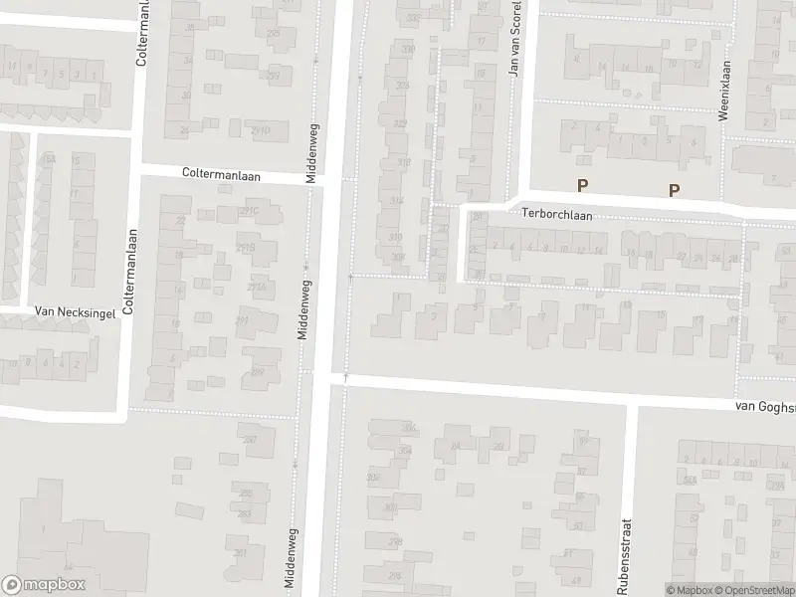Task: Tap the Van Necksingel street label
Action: tap(76, 310)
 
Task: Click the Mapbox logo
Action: tap(41, 584)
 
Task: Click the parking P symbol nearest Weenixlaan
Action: tap(674, 191)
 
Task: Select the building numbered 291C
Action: tap(249, 210)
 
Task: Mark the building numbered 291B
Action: tap(245, 248)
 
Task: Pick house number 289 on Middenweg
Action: tap(258, 372)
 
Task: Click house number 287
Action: tap(250, 439)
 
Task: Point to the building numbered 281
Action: tap(240, 553)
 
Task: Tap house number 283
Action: tap(245, 513)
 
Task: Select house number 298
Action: tap(395, 541)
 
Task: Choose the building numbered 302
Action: tap(373, 478)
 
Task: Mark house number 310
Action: tap(395, 237)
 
